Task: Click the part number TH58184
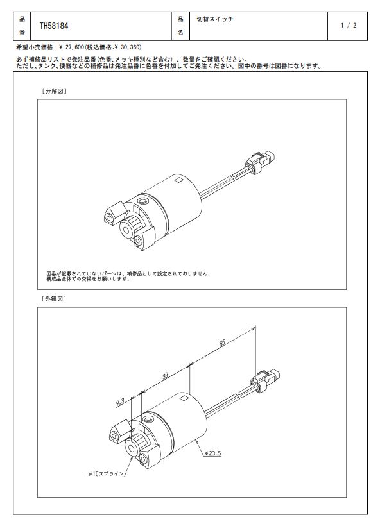click(x=54, y=26)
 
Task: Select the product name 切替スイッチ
click(x=215, y=19)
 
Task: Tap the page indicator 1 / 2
click(x=349, y=26)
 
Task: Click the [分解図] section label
click(x=54, y=91)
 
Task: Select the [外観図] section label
click(x=54, y=299)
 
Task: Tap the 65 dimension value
click(x=223, y=343)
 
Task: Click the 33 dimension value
click(x=165, y=376)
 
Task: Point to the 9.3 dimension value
click(x=121, y=402)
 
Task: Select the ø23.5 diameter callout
click(x=213, y=453)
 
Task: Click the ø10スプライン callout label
click(x=106, y=473)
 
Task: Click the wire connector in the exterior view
click(x=265, y=379)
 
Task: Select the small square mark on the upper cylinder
click(x=179, y=180)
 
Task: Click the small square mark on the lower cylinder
click(x=184, y=398)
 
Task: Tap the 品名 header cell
click(x=180, y=26)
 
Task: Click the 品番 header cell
click(x=22, y=26)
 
